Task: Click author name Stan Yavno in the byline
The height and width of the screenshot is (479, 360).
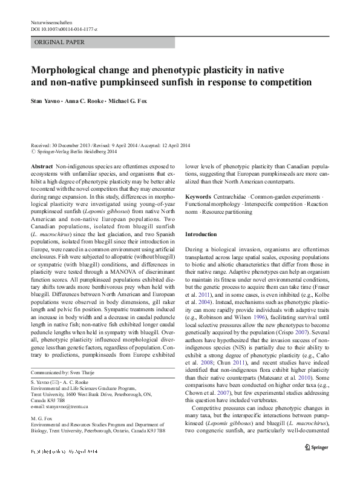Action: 46,102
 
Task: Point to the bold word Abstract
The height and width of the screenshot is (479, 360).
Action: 41,165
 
